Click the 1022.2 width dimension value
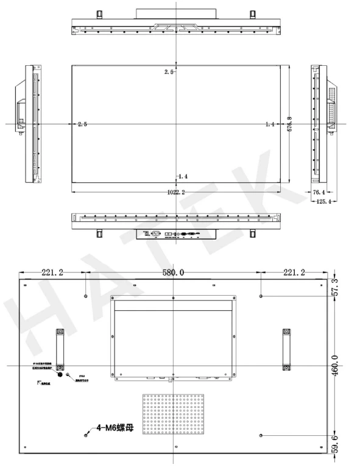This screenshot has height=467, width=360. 177,193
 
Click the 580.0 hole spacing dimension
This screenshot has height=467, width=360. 173,273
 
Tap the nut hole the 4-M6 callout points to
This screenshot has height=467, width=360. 85,435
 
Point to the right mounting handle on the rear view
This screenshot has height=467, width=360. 286,348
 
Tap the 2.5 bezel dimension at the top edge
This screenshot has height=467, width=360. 169,72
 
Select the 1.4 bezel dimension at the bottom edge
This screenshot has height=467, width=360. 183,176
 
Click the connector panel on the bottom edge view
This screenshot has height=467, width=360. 177,234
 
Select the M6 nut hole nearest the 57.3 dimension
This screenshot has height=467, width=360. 261,296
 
